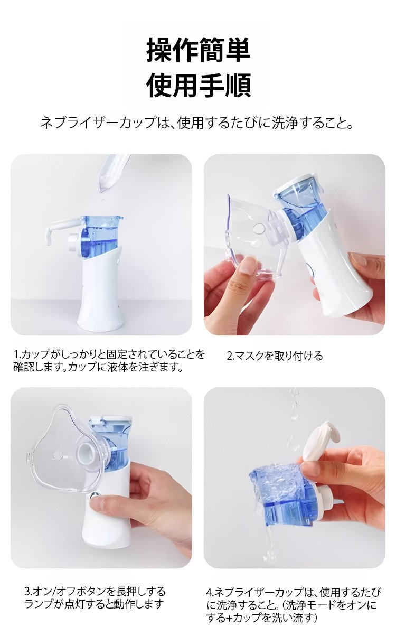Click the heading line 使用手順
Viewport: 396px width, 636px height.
(198, 85)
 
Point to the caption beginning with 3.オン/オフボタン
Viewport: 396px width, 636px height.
(95, 597)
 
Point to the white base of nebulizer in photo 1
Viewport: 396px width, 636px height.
(101, 296)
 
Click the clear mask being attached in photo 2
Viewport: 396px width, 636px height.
(248, 232)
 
